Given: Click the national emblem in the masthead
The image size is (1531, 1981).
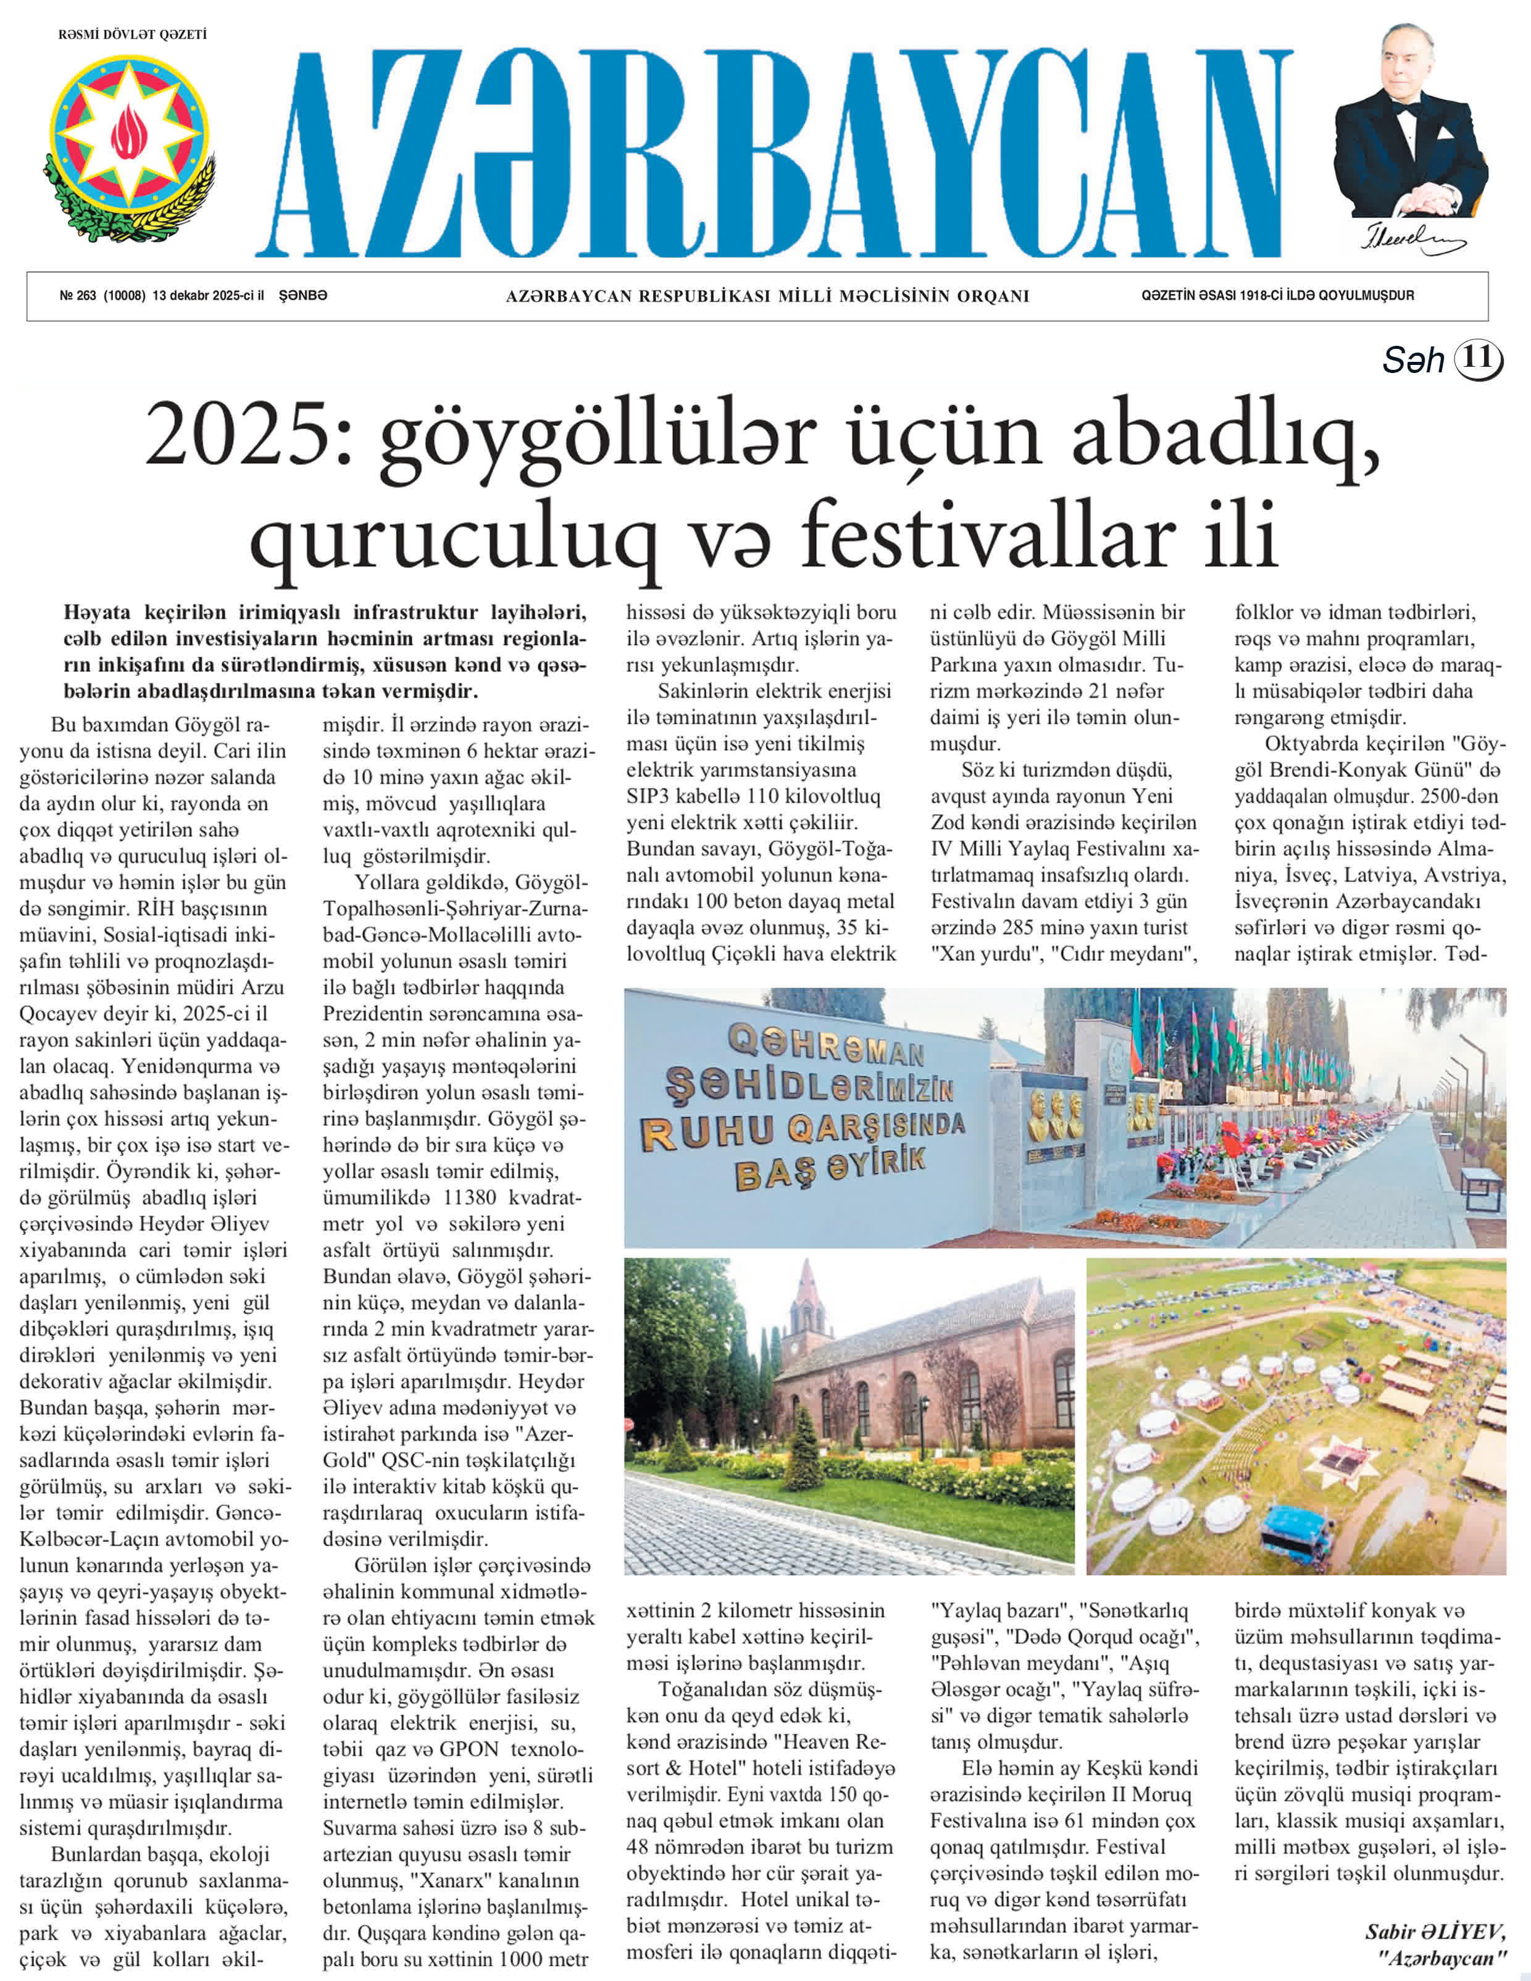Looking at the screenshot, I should click(129, 145).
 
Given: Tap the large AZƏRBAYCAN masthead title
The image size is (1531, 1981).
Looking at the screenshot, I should click(775, 154).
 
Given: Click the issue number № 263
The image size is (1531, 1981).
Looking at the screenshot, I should click(78, 296).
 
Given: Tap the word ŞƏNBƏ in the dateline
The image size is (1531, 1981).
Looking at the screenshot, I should click(303, 296).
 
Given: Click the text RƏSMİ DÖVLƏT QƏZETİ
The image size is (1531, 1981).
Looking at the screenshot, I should click(133, 35).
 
